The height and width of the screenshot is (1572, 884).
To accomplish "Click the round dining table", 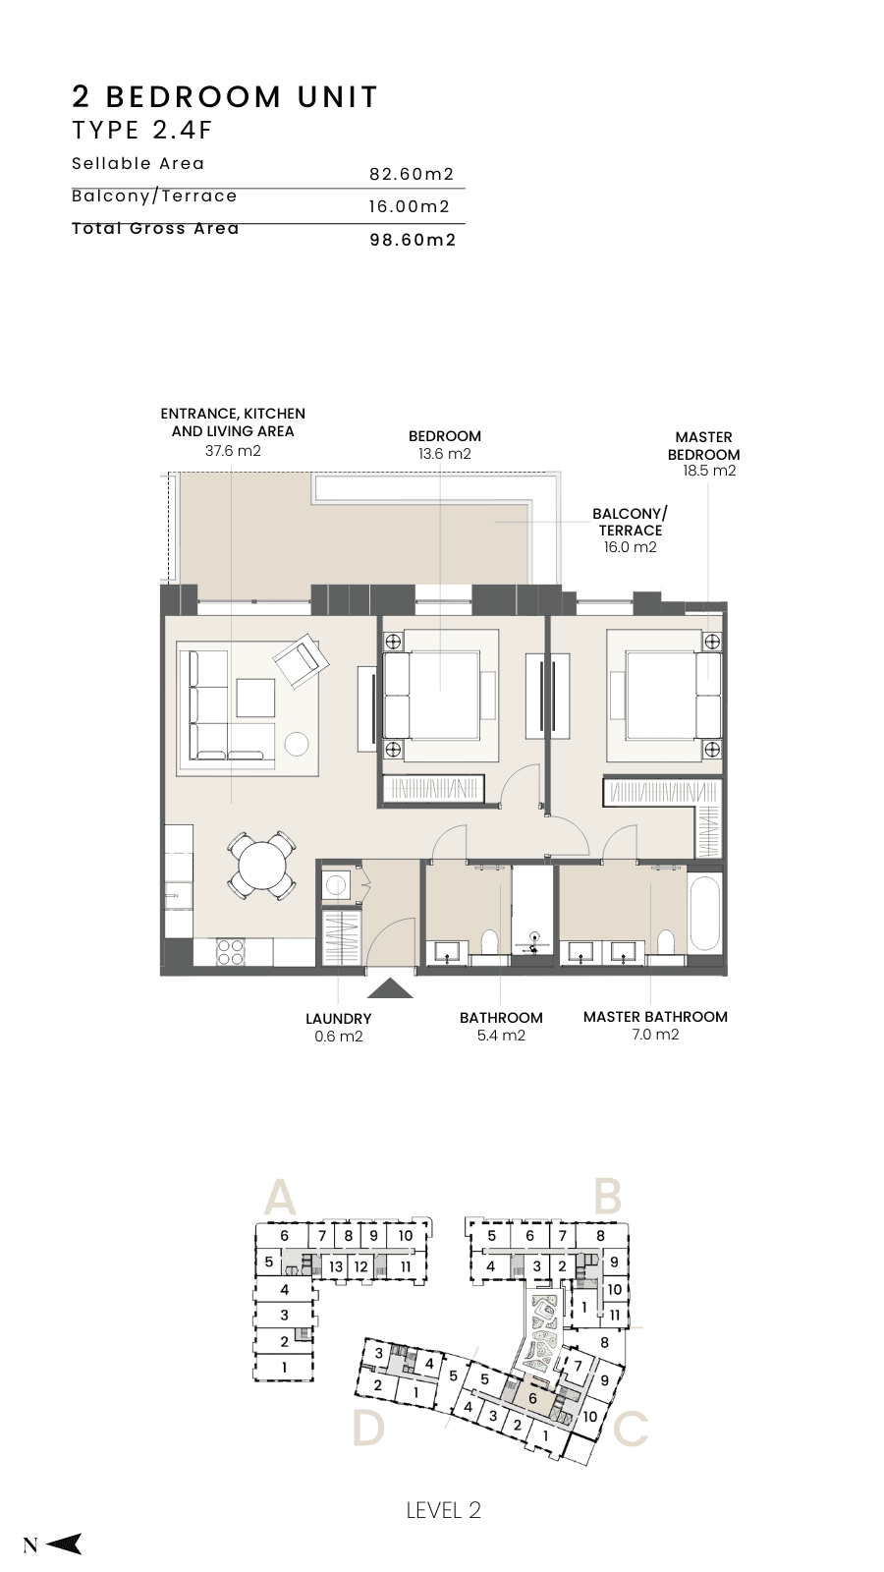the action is click(260, 866).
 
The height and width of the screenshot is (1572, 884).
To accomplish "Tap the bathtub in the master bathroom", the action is click(705, 913).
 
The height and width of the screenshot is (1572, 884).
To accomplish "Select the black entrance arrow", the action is click(390, 988).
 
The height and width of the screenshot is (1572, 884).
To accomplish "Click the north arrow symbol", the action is click(64, 1544).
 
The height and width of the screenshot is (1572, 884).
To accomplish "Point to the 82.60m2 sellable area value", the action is click(412, 174).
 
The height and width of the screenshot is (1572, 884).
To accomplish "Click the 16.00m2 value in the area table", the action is click(410, 207).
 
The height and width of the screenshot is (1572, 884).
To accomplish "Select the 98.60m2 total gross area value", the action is click(414, 240).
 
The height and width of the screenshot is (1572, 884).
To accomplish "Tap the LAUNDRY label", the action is click(338, 1018).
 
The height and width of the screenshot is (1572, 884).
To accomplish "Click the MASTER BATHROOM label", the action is click(655, 1017).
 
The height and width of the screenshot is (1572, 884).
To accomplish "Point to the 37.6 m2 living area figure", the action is click(233, 451).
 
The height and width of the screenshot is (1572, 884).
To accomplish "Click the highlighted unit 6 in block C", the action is click(532, 1398).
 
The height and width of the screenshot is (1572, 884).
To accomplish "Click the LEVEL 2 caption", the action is click(443, 1511).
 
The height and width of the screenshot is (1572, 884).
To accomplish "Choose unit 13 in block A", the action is click(336, 1266).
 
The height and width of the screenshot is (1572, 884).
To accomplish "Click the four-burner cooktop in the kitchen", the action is click(230, 953).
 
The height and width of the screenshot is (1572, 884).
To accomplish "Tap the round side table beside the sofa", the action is click(297, 744).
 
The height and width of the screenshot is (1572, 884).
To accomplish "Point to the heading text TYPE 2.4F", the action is click(142, 130).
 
